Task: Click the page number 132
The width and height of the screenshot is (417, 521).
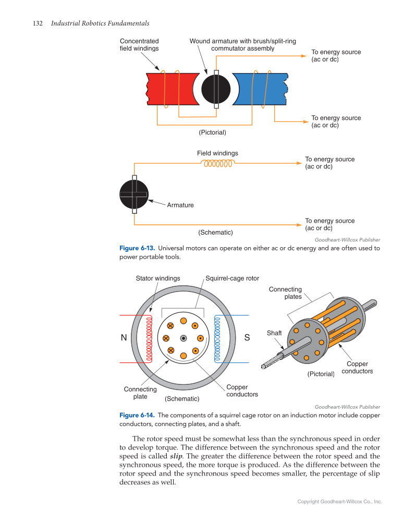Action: point(37,23)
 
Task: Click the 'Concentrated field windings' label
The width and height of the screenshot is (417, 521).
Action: point(139,45)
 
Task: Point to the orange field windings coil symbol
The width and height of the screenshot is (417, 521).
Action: point(218,163)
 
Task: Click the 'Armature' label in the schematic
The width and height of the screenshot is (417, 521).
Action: point(180,205)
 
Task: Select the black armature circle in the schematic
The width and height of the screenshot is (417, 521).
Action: point(134,194)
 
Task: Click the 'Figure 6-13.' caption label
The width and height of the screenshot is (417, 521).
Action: point(137,248)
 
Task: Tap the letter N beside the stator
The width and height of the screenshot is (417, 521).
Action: point(124,338)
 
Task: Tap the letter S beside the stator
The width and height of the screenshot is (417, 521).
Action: point(247,338)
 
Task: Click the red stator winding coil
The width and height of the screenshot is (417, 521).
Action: point(149,338)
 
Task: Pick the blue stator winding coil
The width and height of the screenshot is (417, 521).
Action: point(218,338)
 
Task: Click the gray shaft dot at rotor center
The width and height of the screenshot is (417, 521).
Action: point(183,338)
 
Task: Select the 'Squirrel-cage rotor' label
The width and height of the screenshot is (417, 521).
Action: point(232,278)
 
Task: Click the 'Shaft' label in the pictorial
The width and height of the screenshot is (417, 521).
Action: point(274,333)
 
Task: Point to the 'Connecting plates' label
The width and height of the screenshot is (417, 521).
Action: point(286,293)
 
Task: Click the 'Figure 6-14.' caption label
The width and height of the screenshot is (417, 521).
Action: point(137,416)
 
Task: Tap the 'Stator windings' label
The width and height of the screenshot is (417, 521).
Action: point(158,278)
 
